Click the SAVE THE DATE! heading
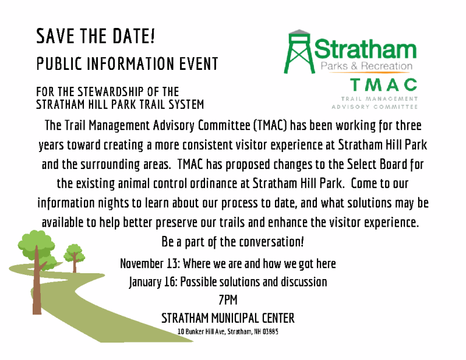click(x=96, y=37)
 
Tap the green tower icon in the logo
click(x=298, y=52)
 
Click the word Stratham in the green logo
click(x=366, y=49)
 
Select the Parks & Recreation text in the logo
click(x=366, y=67)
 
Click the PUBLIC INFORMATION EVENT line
click(x=127, y=63)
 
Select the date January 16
click(x=153, y=282)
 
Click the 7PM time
click(x=228, y=301)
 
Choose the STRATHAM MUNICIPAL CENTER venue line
click(x=228, y=319)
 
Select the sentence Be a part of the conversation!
click(x=232, y=241)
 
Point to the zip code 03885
click(x=270, y=332)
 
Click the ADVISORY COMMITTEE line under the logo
click(x=374, y=107)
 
